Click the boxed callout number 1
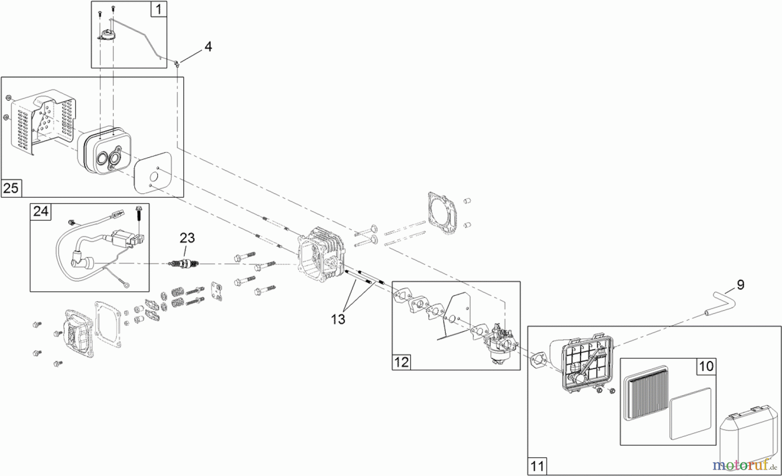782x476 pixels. (x=159, y=9)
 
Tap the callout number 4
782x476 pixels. (x=208, y=46)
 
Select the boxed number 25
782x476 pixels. (x=11, y=188)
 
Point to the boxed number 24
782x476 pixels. (x=41, y=211)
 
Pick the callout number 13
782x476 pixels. (x=338, y=319)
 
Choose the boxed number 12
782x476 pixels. (x=401, y=361)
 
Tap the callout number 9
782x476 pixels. (x=740, y=284)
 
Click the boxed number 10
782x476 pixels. (x=706, y=366)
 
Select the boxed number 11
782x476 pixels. (x=537, y=466)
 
